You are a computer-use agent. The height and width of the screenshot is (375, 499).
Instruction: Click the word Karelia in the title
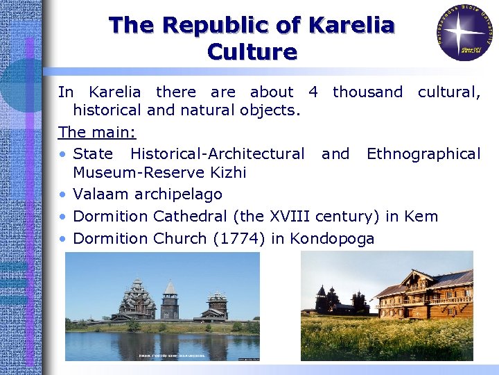coord(351,26)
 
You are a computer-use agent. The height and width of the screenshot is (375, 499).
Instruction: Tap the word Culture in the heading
coord(252,52)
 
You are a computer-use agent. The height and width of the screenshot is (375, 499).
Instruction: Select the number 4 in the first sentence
coord(313,92)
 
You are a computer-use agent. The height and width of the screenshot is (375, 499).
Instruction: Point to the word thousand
coord(367,92)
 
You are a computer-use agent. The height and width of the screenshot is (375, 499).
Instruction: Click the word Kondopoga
coord(332,239)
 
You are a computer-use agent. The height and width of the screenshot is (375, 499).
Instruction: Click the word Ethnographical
coord(423,153)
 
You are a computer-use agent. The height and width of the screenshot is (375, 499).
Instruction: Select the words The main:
coord(89,131)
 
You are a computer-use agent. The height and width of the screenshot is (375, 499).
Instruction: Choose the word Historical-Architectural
coord(217,153)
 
